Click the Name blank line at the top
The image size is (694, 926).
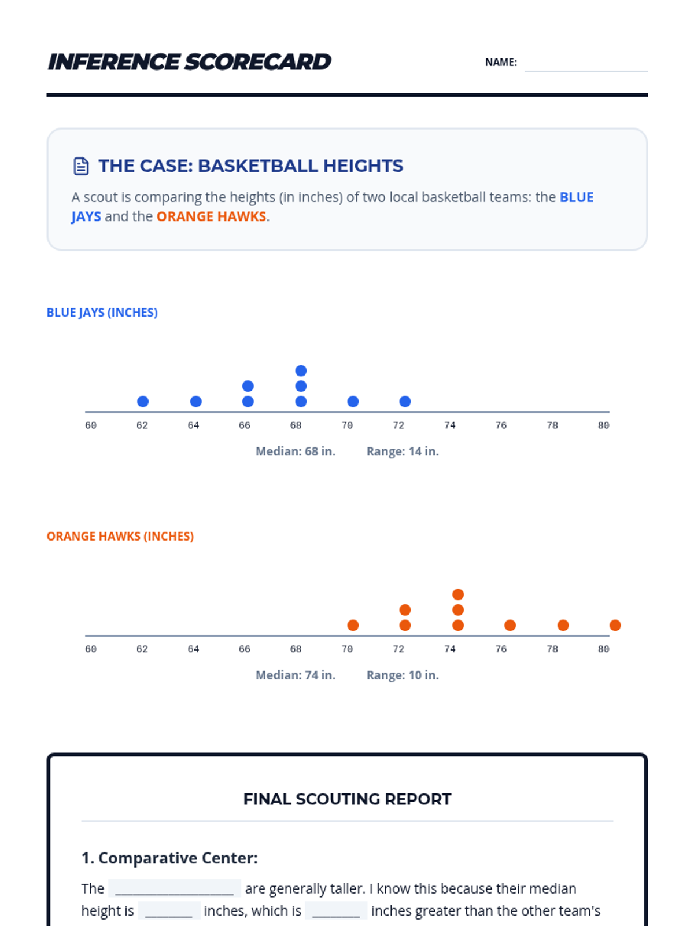(x=585, y=64)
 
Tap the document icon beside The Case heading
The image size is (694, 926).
(x=81, y=166)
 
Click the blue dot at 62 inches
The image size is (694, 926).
(x=143, y=402)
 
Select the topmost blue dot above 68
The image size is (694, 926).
(x=301, y=370)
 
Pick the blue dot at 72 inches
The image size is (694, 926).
(x=405, y=402)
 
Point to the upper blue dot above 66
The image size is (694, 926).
(x=248, y=386)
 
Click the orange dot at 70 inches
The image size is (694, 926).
(x=353, y=625)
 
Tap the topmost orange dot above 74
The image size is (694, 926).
(x=458, y=594)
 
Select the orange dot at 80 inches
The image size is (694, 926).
(x=615, y=625)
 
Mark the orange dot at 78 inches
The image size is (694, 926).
(x=563, y=625)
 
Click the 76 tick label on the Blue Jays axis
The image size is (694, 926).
(x=501, y=425)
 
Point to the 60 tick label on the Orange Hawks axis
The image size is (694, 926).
(x=91, y=649)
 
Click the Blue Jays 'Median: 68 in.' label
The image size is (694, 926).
(x=296, y=451)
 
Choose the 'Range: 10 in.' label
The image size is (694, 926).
(x=403, y=675)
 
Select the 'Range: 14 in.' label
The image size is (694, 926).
(x=403, y=451)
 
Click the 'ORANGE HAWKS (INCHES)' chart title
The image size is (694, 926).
(x=120, y=537)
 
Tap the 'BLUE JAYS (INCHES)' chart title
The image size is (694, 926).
(x=102, y=313)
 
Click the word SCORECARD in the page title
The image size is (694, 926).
(x=258, y=62)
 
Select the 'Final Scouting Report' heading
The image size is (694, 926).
(x=347, y=799)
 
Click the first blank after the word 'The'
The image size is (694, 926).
(x=175, y=888)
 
